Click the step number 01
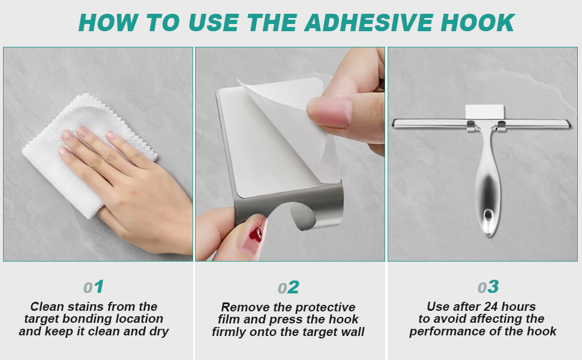tap(94, 287)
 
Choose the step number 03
tap(488, 287)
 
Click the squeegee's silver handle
tap(487, 180)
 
